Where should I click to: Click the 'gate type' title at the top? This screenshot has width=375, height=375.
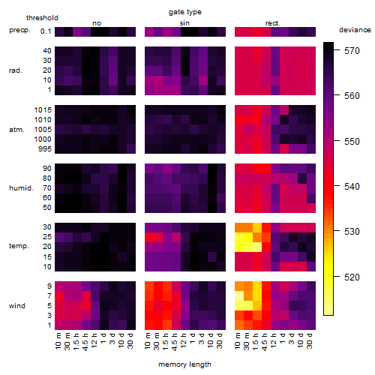pos(185,12)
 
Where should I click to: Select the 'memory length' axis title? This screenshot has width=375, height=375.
pos(184,364)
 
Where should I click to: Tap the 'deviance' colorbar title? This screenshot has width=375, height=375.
pos(355,30)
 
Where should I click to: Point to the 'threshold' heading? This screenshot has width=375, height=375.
pos(42,18)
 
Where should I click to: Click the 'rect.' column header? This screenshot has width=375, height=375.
pos(272,23)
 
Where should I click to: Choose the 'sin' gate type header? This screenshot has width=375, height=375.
pos(184,23)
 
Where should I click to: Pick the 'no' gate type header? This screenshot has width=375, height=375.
pos(97,23)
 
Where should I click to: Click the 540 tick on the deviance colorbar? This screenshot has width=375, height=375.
pos(352,187)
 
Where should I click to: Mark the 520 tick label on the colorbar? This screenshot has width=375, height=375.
pos(352,277)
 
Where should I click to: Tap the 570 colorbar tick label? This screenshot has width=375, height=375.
pos(352,51)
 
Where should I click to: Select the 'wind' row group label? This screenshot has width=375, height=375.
pos(17,306)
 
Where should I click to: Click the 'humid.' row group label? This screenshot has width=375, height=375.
pos(21,188)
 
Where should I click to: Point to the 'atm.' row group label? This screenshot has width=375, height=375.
pos(16,130)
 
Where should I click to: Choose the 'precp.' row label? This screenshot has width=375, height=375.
pos(19,30)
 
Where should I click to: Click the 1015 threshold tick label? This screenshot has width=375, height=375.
pos(43,110)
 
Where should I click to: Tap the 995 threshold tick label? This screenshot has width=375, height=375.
pos(45,149)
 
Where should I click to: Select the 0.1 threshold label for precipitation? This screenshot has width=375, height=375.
pos(46,31)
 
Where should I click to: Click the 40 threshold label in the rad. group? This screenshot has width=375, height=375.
pos(47,51)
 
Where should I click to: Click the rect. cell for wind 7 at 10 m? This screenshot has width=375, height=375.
pos(239,296)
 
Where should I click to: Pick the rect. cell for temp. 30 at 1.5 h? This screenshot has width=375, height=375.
pos(257,228)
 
